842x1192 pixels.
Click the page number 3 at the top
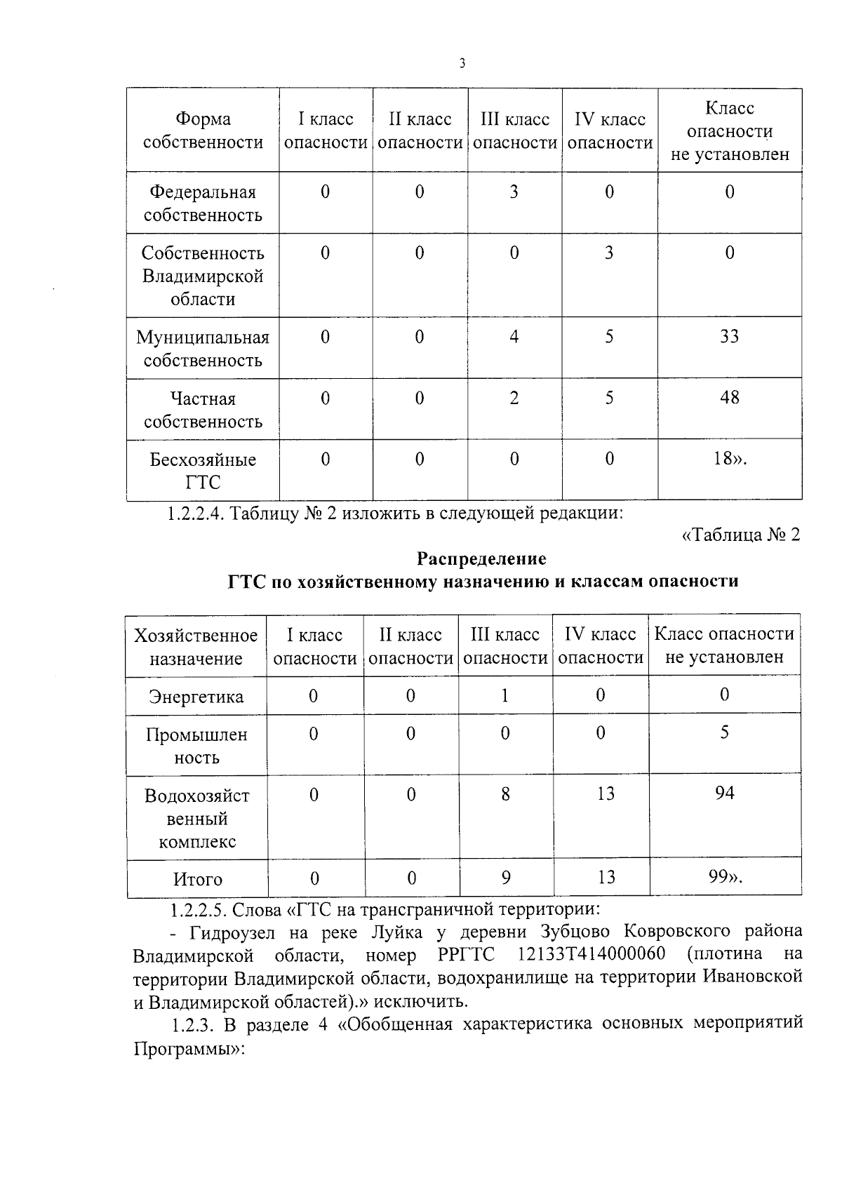coord(462,64)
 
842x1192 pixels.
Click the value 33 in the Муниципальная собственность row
coord(729,337)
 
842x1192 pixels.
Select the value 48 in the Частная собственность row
coord(729,398)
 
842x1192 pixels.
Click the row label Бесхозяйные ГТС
coord(203,471)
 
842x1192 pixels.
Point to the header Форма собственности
coord(203,130)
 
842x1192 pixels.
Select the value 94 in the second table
coord(724,793)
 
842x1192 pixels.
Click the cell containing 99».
coord(724,876)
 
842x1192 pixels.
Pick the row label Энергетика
coord(196,697)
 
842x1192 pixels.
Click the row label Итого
coord(198,879)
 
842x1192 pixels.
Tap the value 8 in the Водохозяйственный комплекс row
coord(505,794)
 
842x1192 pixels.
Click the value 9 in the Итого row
coord(506,877)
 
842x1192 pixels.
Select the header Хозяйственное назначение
coord(196,647)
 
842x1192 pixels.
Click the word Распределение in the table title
coord(481,558)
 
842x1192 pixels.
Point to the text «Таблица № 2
coord(740,535)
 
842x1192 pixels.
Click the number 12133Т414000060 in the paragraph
coord(591,955)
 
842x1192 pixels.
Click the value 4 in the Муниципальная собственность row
coord(514,337)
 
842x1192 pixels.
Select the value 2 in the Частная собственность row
coord(514,399)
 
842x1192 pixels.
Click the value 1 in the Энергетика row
coord(504,695)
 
